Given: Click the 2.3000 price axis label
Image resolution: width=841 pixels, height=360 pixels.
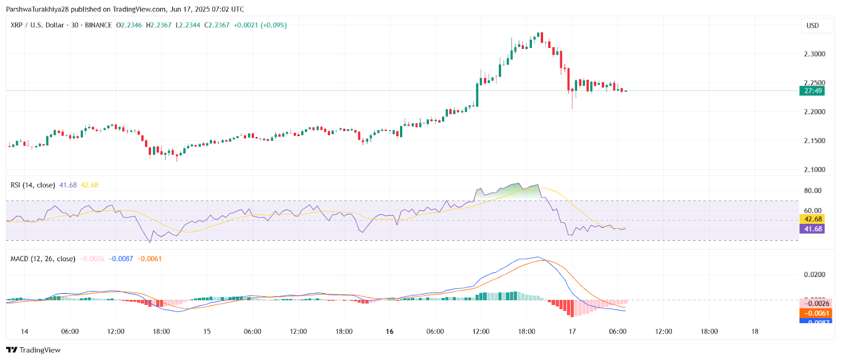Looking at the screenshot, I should point(814,54).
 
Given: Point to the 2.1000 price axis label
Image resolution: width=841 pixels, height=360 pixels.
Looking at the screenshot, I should point(814,170).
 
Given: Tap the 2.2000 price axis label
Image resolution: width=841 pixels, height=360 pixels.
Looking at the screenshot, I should point(814,112).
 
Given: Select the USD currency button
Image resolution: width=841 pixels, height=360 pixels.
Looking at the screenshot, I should point(813,26).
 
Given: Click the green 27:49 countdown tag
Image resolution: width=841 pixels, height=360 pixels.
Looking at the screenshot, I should point(813,91).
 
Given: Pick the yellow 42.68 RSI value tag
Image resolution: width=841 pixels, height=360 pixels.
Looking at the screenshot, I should point(813,219).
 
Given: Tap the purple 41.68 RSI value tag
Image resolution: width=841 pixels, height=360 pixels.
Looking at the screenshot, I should point(813,229).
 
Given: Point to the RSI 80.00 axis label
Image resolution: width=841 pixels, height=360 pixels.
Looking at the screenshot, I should point(813,191).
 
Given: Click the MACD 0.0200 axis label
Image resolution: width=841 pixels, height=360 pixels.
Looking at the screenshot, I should point(814,275).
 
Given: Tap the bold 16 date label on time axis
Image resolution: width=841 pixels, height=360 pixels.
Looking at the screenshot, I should point(389,332).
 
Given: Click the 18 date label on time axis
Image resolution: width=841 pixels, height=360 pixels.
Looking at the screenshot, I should point(755,332).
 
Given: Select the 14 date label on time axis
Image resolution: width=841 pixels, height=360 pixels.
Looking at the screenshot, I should point(24,332).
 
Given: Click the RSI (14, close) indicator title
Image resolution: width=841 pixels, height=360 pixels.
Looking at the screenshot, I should point(33,185).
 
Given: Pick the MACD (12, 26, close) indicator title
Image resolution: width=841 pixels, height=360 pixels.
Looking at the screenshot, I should point(43,259).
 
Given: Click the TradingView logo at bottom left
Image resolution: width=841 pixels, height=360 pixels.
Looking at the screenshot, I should point(34,350).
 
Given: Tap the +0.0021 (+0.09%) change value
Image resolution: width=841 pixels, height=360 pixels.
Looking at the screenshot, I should point(260,25).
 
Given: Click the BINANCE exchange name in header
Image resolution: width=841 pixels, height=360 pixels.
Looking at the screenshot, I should point(98,25).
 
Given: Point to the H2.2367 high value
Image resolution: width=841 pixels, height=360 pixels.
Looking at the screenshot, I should point(159,25).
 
